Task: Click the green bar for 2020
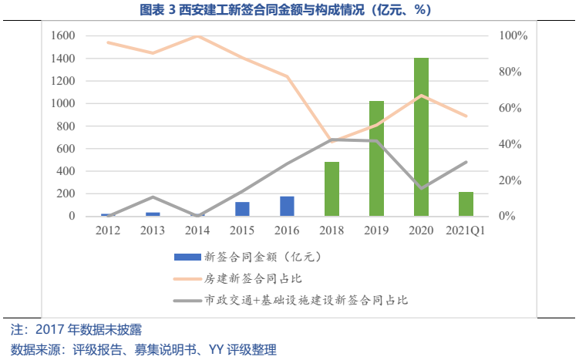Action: click(x=421, y=137)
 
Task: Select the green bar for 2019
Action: click(x=376, y=159)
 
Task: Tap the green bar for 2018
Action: click(x=332, y=189)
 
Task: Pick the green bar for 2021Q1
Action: click(x=466, y=204)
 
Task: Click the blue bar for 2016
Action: click(x=287, y=207)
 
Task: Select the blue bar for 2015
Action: click(x=242, y=209)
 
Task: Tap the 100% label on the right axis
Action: click(x=513, y=36)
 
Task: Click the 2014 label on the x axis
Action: click(x=197, y=230)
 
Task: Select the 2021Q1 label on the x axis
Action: click(x=466, y=230)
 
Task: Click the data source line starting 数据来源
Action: click(x=143, y=349)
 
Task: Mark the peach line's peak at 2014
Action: click(x=197, y=36)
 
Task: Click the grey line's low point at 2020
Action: click(x=422, y=188)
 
